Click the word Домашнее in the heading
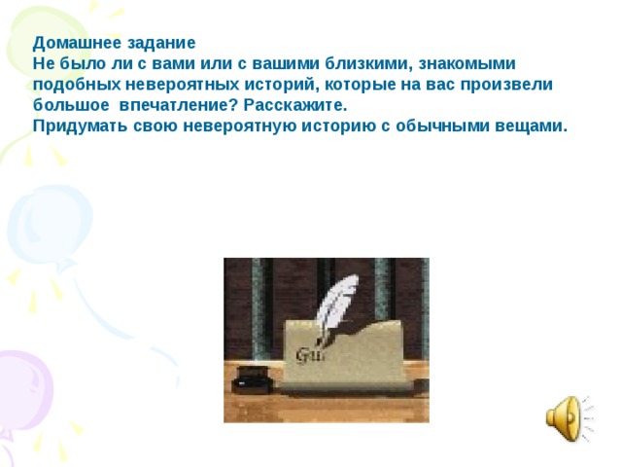pos(73,44)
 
